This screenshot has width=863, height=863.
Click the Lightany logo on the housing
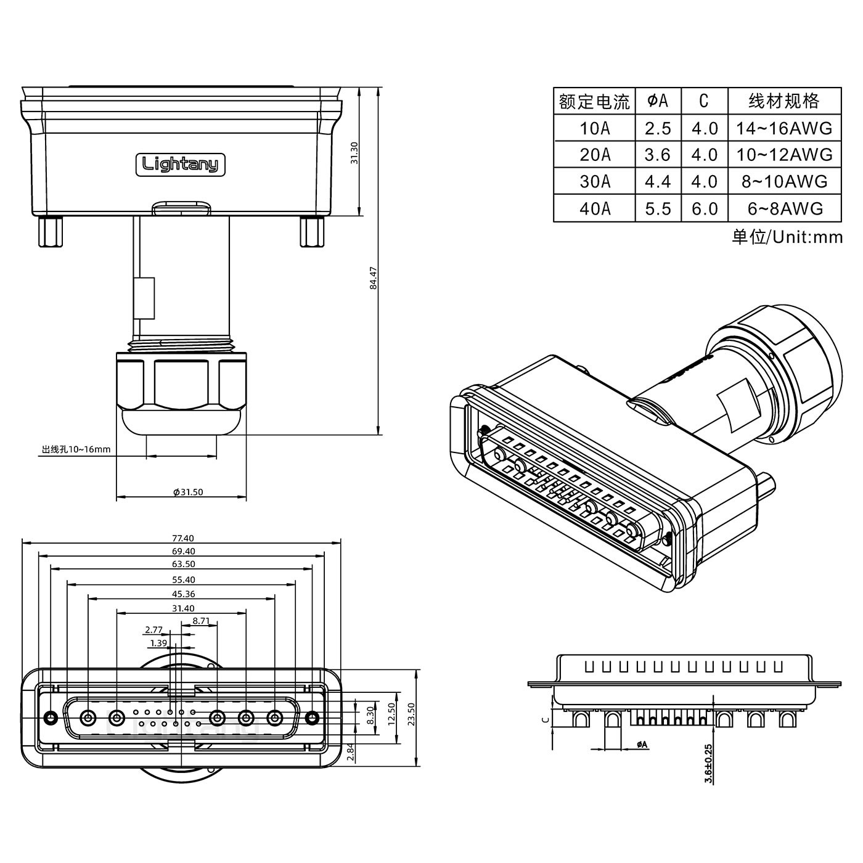(x=180, y=165)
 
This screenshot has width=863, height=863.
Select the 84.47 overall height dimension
(x=373, y=279)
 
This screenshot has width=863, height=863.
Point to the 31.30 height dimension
(x=354, y=153)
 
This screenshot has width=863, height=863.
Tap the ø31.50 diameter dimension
(x=188, y=492)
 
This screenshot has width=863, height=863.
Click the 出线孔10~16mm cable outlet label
(x=76, y=449)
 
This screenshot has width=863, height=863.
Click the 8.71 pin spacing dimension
(x=202, y=621)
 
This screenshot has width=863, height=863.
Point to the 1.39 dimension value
(x=158, y=643)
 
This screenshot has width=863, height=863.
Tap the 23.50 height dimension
(x=412, y=715)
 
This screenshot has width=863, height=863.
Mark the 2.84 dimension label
(x=350, y=752)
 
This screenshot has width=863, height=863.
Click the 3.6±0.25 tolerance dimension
(x=708, y=763)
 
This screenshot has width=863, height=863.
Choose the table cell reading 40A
(x=594, y=209)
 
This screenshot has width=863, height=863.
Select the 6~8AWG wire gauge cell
(x=785, y=209)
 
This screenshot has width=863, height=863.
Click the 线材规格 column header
(x=784, y=100)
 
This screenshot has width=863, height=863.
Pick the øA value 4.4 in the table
(x=658, y=182)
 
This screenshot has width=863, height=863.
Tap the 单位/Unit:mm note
(x=787, y=237)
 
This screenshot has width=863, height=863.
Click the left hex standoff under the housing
(x=49, y=232)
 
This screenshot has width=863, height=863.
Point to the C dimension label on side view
(x=544, y=719)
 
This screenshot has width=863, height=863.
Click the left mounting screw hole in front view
(x=51, y=718)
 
